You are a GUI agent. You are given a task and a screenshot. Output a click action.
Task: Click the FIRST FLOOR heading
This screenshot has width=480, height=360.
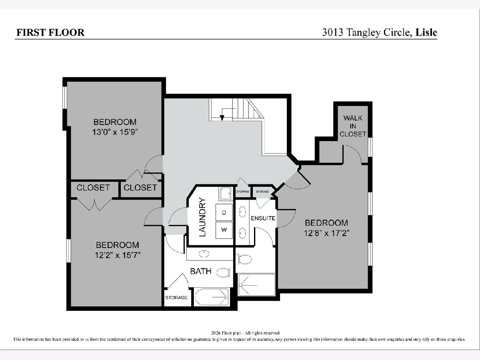coord(50,32)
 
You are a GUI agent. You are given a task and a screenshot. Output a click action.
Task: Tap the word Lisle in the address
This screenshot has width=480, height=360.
coord(426,32)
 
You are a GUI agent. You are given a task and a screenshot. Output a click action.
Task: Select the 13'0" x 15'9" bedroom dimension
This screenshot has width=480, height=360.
coord(115,132)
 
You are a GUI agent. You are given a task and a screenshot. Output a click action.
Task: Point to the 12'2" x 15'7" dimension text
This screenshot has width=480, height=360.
coord(118,255)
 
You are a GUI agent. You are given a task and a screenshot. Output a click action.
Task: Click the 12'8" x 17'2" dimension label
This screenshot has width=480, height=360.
coord(326,233)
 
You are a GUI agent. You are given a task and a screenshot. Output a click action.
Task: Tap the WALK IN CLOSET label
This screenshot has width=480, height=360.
coord(353,126)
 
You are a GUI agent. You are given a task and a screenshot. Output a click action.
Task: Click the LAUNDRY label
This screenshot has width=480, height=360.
coord(202,217)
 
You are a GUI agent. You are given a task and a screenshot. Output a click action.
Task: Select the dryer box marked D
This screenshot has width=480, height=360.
coord(224,212)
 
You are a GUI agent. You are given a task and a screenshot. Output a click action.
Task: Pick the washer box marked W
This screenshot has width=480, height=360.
coord(224,230)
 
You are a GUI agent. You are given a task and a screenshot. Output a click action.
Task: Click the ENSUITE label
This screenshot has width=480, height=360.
coord(263,218)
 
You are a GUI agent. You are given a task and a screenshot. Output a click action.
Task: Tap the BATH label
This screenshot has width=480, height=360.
coord(201,271)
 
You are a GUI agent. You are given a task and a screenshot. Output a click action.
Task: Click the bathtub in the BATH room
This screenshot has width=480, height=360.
coord(212,297)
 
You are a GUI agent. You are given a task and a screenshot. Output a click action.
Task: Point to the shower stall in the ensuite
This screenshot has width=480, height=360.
coord(256,285)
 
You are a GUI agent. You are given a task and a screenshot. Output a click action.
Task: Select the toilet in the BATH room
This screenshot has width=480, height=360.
coord(224,272)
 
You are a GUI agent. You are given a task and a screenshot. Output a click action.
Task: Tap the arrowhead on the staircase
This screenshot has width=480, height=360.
coord(222,118)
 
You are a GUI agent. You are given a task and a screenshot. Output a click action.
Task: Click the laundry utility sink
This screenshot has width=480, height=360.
coord(226,194)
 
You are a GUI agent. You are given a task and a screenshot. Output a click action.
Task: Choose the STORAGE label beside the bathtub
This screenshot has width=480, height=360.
coord(176,298)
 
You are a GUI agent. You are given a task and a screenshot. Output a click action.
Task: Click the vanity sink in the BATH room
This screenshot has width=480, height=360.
coord(204,254)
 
